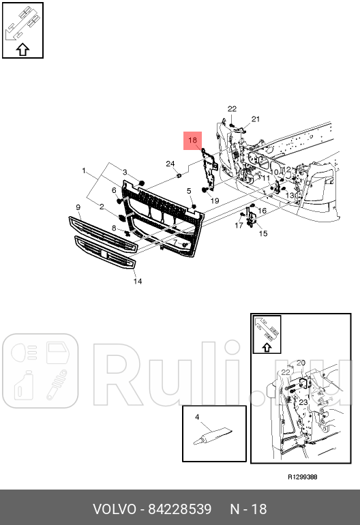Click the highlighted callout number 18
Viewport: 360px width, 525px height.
tap(192, 140)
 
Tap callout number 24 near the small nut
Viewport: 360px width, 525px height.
tap(170, 164)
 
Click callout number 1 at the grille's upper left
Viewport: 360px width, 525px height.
tap(84, 170)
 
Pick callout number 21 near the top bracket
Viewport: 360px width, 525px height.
tap(256, 119)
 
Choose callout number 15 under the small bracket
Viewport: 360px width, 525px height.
tap(262, 233)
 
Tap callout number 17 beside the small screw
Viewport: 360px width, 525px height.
tap(239, 225)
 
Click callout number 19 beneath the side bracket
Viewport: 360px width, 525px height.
tap(214, 201)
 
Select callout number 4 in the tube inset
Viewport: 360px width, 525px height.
tap(196, 417)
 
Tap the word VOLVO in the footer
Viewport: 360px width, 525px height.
tap(114, 509)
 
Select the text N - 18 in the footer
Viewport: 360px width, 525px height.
tap(248, 509)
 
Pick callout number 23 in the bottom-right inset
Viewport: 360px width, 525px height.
tap(303, 402)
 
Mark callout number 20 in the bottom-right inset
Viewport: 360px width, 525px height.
tap(301, 362)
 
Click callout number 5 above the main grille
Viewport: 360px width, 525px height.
tap(190, 190)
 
